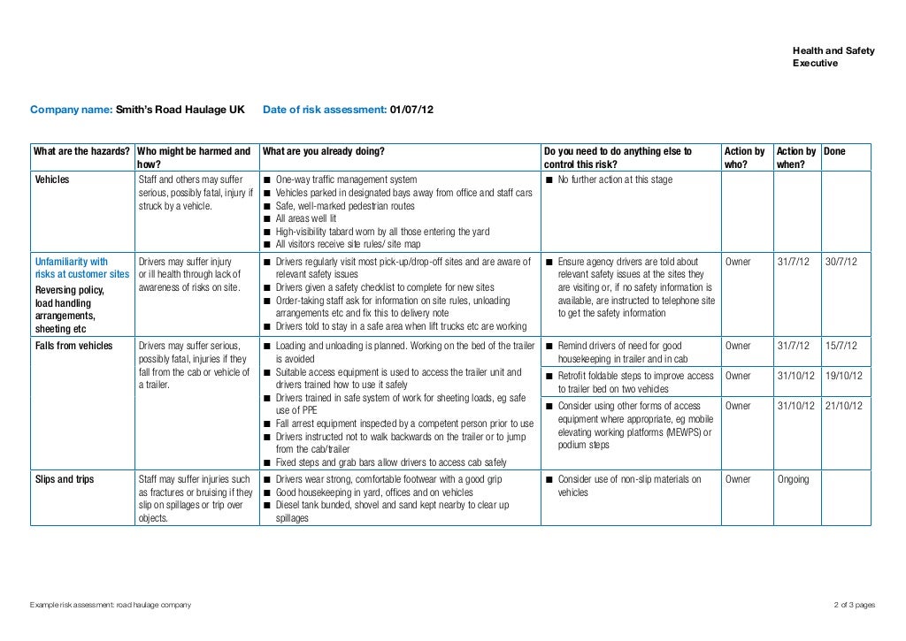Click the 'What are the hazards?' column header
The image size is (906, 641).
point(81,152)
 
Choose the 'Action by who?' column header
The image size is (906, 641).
point(744,157)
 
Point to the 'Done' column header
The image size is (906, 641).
point(834,152)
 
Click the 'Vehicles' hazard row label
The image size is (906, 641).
point(52,180)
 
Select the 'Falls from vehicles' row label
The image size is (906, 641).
point(73,346)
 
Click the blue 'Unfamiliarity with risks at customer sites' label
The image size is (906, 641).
point(81,268)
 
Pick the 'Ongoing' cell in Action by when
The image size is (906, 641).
point(793,480)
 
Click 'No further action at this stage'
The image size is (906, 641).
point(615,180)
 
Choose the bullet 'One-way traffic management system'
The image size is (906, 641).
point(346,180)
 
